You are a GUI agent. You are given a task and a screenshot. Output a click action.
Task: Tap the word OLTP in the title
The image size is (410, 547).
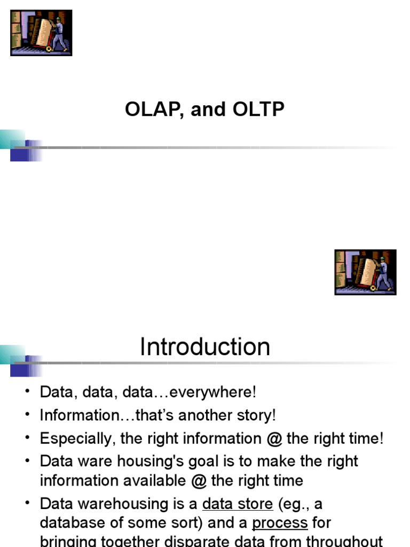tap(258, 110)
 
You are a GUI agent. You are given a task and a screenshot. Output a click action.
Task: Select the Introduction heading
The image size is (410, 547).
tap(205, 347)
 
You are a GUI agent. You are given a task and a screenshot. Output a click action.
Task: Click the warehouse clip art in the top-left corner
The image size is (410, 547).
tap(41, 33)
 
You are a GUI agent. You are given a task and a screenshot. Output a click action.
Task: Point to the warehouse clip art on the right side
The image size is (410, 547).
tap(365, 272)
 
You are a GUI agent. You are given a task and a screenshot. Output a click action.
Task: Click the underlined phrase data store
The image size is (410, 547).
tap(238, 504)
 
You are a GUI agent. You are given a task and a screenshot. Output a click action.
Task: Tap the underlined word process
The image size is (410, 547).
tap(280, 523)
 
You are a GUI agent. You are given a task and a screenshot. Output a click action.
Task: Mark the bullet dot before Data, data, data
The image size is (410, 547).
tap(27, 392)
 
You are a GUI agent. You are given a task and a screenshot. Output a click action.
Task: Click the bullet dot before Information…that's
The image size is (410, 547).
tap(27, 415)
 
